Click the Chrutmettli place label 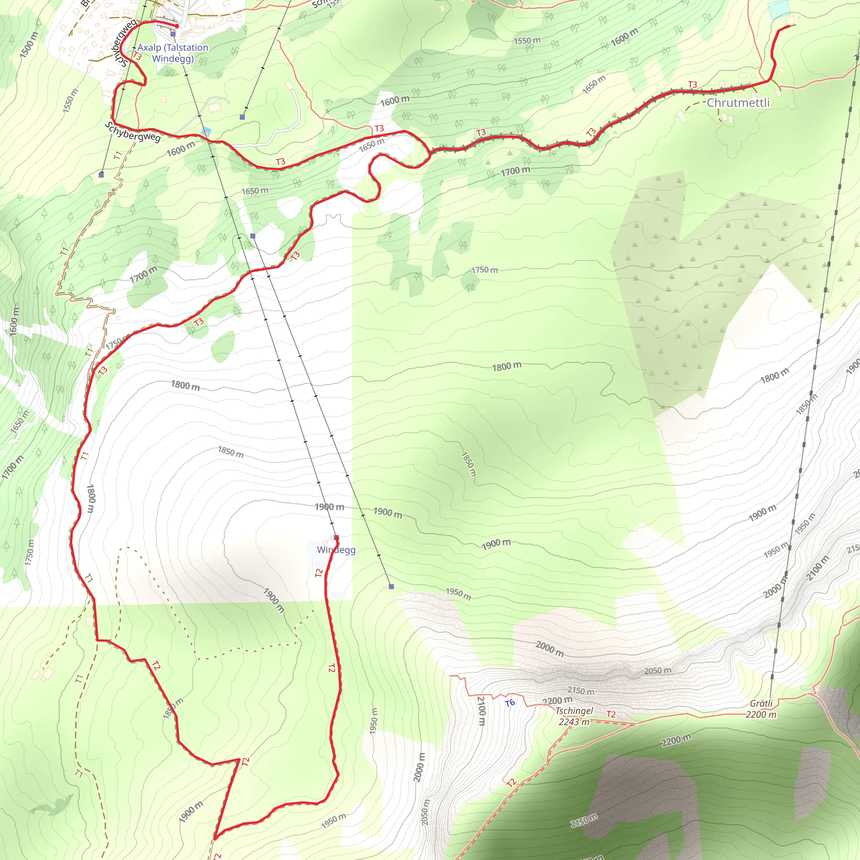pos(738,103)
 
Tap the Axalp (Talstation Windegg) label pos(173,53)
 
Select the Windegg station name pos(336,550)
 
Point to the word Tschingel pos(574,711)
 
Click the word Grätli pos(761,703)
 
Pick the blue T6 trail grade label pos(510,703)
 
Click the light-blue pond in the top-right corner pos(778,9)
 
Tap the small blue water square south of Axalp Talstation pos(206,131)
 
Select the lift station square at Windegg pos(336,537)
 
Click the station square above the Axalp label pos(173,34)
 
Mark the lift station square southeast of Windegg pos(391,587)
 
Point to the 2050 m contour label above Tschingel pos(658,671)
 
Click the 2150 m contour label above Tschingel pos(580,690)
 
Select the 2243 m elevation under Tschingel pos(574,721)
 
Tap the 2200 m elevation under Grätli pos(761,714)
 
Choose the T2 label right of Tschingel pos(611,714)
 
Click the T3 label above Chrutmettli pos(692,84)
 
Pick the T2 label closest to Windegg pos(319,573)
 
